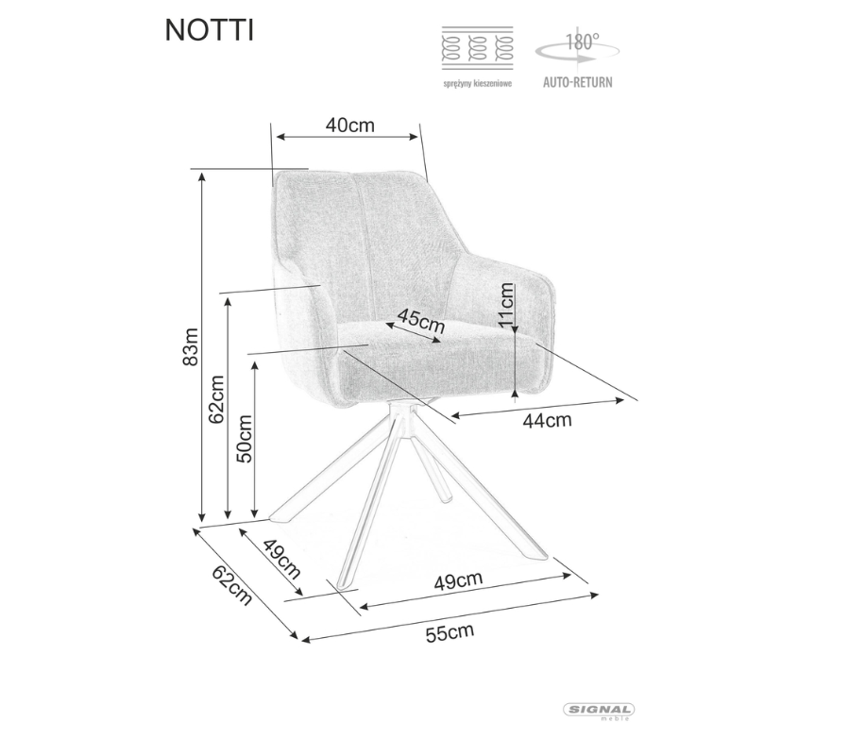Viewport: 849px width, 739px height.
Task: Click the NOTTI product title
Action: point(209,30)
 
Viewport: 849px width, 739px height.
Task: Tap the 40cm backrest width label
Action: point(349,125)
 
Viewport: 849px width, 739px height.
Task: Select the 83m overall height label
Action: point(191,346)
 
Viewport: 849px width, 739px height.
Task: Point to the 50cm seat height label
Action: point(245,438)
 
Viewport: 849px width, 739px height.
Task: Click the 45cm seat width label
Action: point(421,321)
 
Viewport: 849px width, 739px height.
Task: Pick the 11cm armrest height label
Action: point(506,304)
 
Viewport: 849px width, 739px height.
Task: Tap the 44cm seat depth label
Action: point(547,420)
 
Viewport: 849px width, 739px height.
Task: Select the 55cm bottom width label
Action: point(450,632)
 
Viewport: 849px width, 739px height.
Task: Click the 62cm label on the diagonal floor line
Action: point(232,585)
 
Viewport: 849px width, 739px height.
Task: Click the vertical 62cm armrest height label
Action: point(216,399)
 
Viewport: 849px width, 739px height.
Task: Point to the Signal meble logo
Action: point(599,712)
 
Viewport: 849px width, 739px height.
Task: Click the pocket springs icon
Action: point(478,48)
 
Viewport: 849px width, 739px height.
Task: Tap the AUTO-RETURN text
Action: point(578,82)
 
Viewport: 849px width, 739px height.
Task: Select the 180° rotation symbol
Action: point(578,48)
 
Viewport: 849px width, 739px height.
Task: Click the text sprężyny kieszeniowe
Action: point(478,83)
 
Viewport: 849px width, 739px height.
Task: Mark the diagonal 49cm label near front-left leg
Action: point(281,560)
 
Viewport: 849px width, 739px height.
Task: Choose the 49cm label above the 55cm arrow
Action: point(458,580)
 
